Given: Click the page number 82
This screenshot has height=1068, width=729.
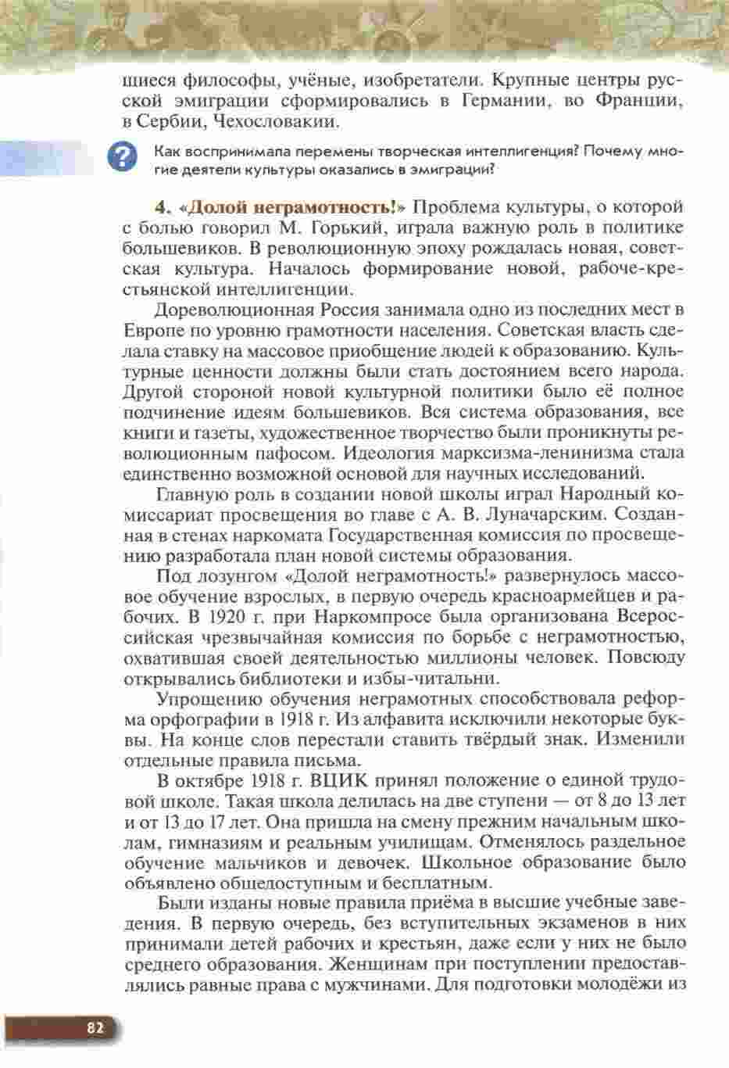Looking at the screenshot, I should point(95,1028).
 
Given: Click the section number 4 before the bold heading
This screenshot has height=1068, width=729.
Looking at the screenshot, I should point(163,207).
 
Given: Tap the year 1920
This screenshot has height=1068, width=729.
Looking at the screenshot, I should point(221,616).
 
